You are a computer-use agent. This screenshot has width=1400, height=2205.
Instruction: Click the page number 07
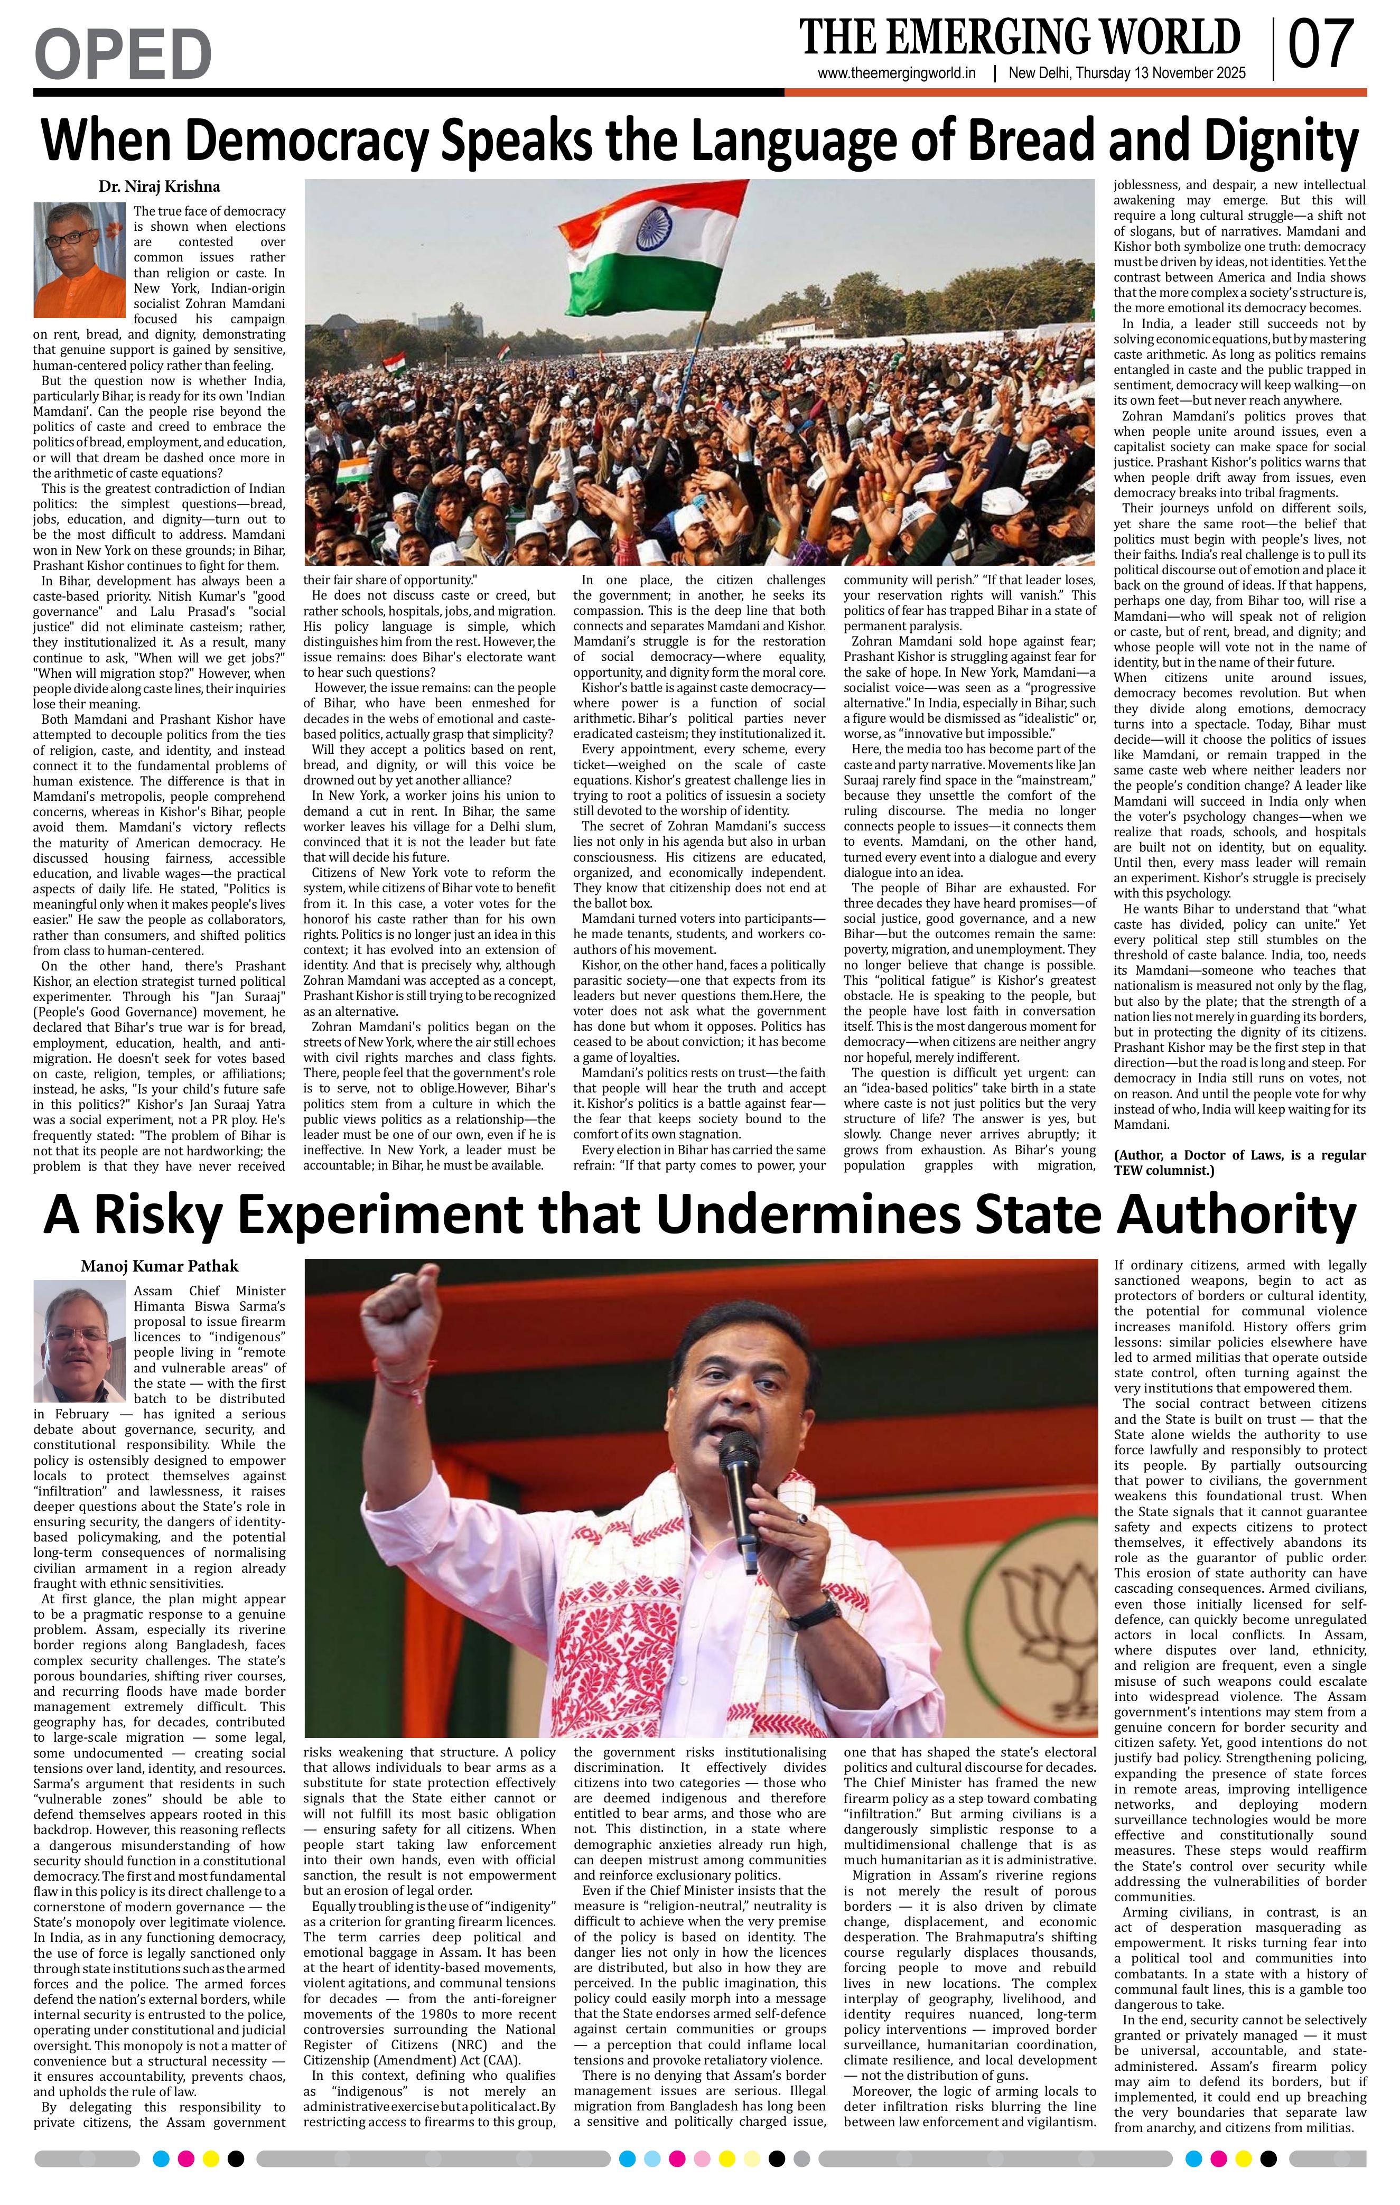pos(1320,46)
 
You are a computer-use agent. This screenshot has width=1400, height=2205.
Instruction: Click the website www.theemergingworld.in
pos(897,74)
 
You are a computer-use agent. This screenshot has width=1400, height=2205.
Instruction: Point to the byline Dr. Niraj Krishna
pos(160,187)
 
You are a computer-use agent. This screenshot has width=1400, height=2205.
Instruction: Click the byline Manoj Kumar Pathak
pos(160,1266)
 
